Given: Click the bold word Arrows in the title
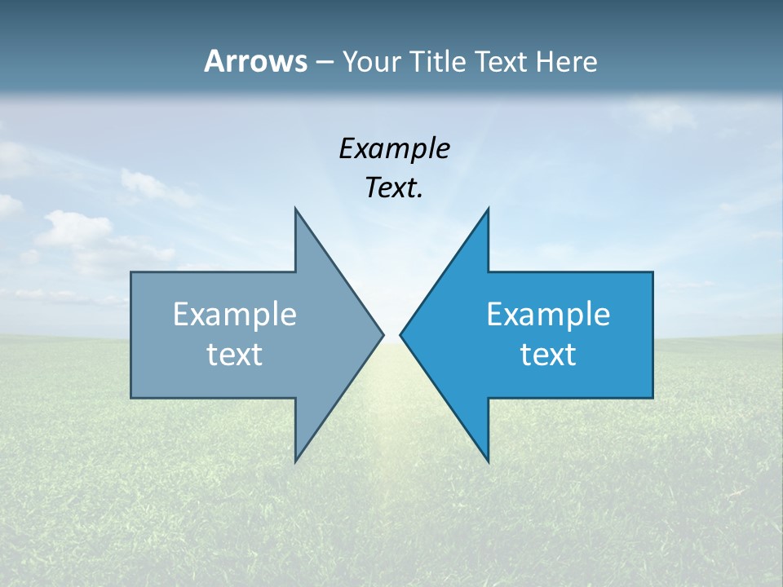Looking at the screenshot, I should point(255,62).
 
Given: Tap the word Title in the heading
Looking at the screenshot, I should point(440,62).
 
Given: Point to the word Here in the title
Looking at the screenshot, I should point(568,62).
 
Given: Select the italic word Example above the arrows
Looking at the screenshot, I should point(394,149).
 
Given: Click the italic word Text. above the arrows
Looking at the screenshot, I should point(394,188).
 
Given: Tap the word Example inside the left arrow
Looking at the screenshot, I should point(235,315).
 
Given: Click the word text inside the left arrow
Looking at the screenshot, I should point(235,355).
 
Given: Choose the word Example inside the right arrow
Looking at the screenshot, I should point(548,315).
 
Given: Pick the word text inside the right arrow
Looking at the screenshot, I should point(548,355).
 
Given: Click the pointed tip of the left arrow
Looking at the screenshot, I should point(383,334).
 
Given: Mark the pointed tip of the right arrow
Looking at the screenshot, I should point(400,334).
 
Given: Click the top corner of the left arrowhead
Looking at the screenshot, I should point(295,208).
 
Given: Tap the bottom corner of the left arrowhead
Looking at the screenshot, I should point(295,462).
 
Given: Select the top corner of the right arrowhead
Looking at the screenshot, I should point(489,208).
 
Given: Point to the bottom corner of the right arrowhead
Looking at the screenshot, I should point(489,462).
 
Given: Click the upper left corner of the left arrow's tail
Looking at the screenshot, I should point(131,272).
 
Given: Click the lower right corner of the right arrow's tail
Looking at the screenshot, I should point(652,398).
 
